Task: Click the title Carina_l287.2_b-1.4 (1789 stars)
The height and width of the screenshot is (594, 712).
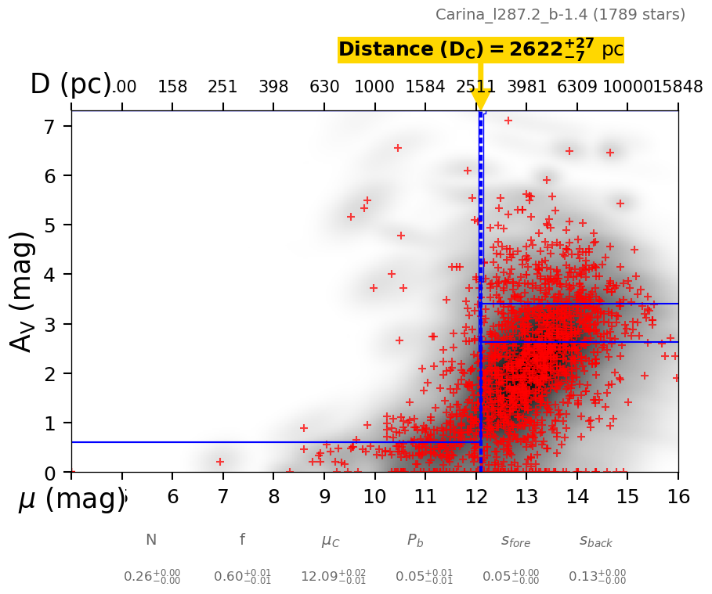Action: (560, 15)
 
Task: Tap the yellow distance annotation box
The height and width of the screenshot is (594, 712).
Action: (480, 50)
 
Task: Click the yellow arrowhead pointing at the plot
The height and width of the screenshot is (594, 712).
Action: (480, 101)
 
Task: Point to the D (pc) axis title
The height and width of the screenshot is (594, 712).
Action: (70, 85)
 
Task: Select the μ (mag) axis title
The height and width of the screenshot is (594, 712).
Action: (71, 499)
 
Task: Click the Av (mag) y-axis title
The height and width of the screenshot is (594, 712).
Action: (23, 291)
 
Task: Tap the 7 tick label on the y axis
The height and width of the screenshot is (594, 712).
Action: (52, 126)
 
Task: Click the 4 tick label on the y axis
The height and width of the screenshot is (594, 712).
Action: (52, 275)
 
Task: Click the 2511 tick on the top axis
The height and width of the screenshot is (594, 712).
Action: (475, 87)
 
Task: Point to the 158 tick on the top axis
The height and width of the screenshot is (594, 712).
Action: (172, 87)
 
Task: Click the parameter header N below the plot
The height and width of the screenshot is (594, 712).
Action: (151, 540)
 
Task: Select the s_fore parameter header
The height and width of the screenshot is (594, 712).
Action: (515, 541)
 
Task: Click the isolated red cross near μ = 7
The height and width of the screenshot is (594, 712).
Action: (220, 462)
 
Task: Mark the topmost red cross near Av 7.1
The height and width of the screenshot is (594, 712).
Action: (508, 121)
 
